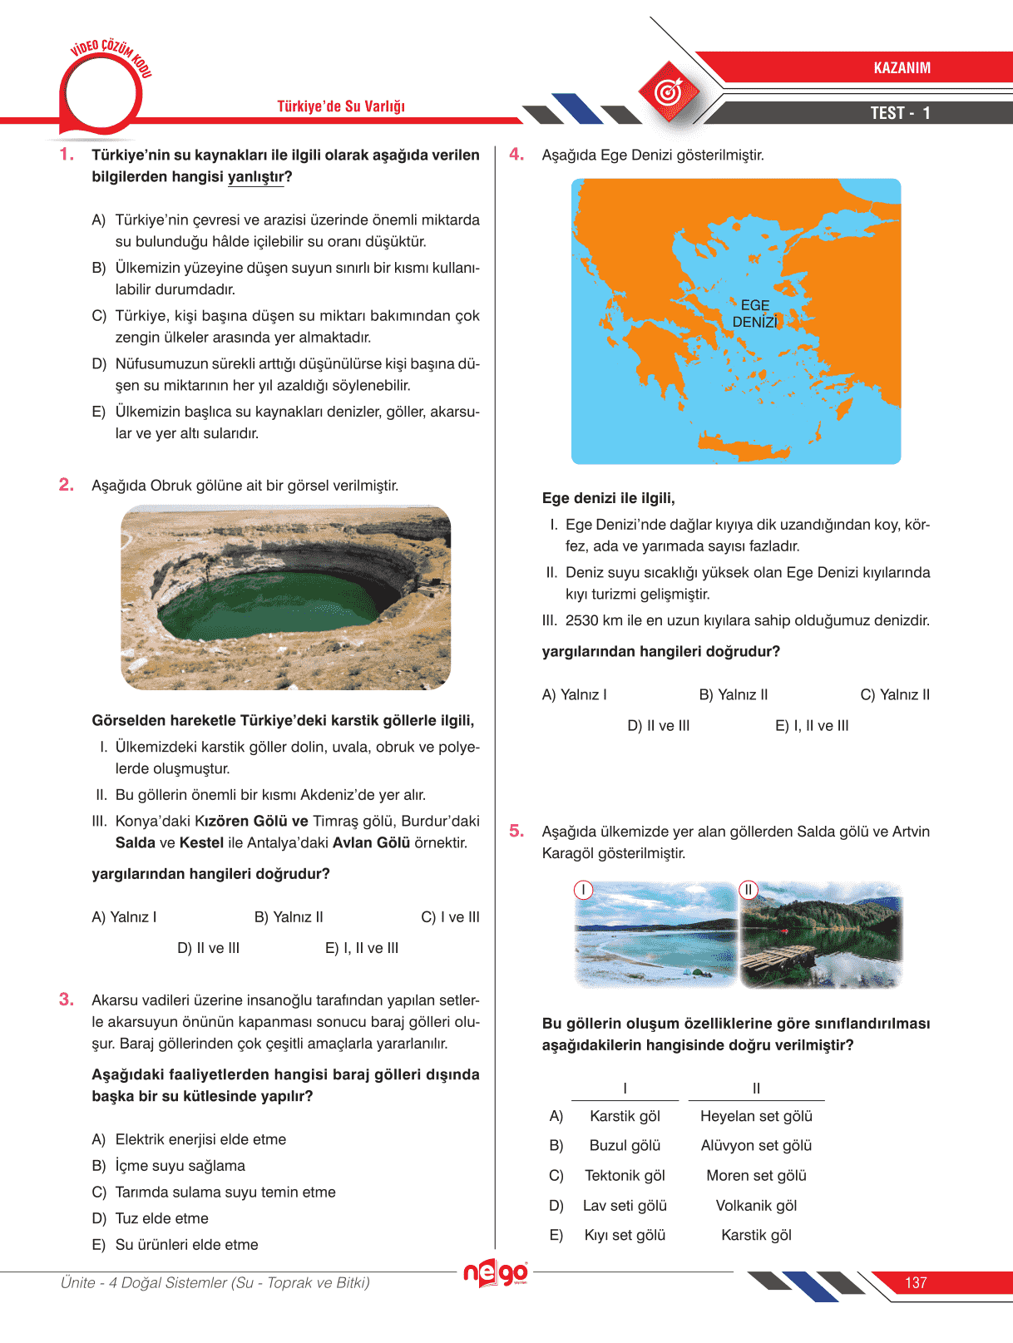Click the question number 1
(67, 155)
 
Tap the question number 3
(67, 1000)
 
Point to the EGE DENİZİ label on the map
(755, 314)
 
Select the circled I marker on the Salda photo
(583, 891)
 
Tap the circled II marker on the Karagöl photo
(748, 891)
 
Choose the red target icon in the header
(669, 92)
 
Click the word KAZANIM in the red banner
(902, 68)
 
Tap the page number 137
(916, 1282)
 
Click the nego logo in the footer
(496, 1272)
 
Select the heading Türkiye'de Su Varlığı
(341, 106)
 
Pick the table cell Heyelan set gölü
(756, 1116)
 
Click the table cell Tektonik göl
(625, 1175)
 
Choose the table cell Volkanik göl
(756, 1205)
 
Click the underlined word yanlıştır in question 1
(255, 177)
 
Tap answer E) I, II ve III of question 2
(362, 948)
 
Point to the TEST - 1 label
(900, 113)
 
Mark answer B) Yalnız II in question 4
(734, 694)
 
